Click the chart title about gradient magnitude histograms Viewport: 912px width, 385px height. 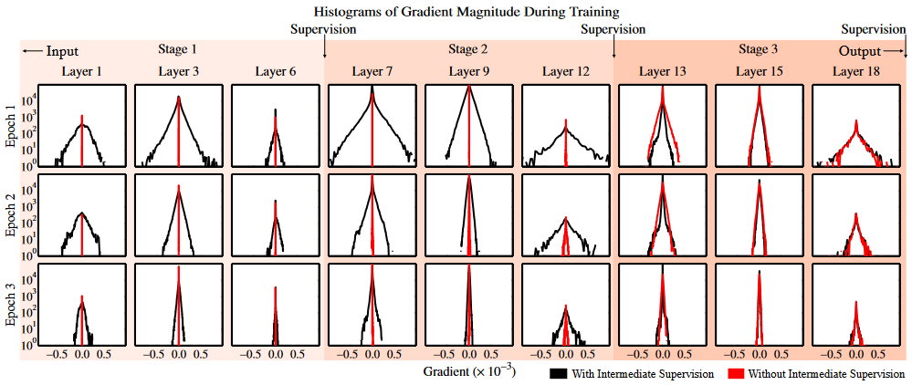[465, 12]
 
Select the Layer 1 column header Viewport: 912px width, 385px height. [82, 71]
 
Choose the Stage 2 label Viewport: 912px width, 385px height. [468, 49]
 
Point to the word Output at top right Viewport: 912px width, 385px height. [861, 52]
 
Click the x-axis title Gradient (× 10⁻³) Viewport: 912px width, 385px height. [468, 372]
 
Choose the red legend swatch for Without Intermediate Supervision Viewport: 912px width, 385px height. [736, 373]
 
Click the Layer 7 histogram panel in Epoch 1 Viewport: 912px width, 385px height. [372, 126]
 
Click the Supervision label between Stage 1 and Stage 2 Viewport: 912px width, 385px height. [323, 29]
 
